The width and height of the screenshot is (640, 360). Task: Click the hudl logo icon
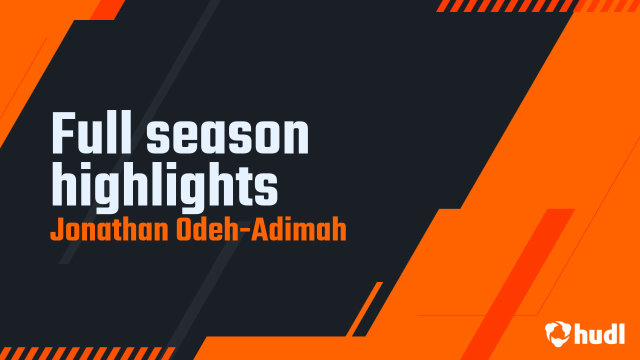pos(558,333)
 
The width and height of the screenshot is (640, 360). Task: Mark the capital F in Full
pos(63,133)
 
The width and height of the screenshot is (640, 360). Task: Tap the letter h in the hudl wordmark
pos(580,333)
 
